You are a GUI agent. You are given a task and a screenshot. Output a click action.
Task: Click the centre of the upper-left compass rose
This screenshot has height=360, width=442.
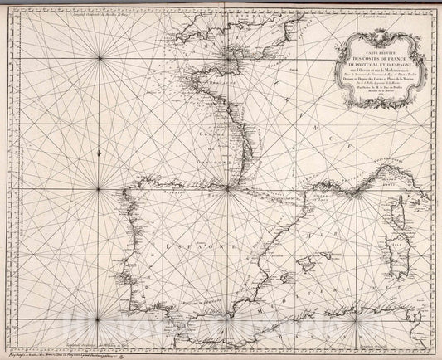101,56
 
